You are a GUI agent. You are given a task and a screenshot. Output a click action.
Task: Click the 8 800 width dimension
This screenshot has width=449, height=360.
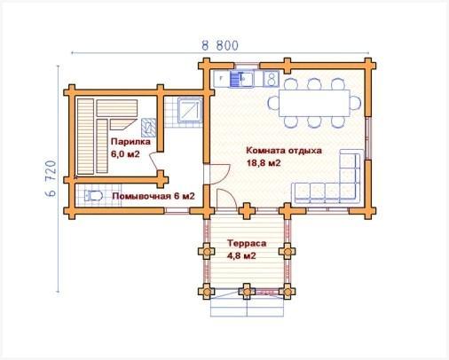point(220,46)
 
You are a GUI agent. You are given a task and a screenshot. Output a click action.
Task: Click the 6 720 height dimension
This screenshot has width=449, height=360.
point(51,179)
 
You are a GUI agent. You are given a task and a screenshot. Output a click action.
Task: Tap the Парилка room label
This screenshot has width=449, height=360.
point(130,142)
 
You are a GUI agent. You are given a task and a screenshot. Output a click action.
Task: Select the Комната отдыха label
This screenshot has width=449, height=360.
point(284,151)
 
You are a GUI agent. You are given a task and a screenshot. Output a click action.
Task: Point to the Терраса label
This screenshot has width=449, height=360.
point(247,243)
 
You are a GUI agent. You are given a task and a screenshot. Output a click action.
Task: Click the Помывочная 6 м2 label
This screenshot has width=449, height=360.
point(154,196)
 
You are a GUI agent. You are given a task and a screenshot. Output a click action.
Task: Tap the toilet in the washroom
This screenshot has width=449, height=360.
point(93,196)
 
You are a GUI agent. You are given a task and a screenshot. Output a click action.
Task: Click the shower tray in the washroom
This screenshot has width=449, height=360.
point(190,111)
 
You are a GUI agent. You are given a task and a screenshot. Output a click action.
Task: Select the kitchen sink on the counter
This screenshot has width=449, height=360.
point(241,79)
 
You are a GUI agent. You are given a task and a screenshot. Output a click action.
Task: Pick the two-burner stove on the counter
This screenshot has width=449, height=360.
point(271,79)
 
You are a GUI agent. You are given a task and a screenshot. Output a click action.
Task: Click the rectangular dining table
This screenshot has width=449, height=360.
point(314,103)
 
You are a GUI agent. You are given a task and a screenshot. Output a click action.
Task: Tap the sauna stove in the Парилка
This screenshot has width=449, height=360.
point(148,128)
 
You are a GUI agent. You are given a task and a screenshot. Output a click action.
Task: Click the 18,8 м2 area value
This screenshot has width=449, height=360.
point(264,163)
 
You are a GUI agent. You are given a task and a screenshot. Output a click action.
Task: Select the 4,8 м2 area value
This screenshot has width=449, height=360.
point(241,256)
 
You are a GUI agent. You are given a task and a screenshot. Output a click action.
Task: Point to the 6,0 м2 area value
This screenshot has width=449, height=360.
point(125,153)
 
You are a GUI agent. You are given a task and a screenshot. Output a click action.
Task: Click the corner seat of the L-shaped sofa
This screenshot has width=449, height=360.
point(351,192)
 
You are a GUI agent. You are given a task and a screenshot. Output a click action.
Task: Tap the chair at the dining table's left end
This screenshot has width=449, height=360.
point(273,103)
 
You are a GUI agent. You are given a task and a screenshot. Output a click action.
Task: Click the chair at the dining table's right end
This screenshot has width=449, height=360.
point(356,103)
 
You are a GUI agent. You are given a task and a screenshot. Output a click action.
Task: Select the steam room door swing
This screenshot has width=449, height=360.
point(154,161)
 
